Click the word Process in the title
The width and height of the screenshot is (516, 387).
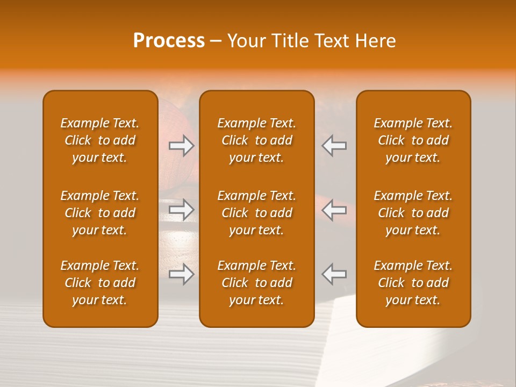[169, 41]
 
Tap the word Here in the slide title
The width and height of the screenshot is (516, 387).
[376, 41]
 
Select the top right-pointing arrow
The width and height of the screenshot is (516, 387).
[181, 146]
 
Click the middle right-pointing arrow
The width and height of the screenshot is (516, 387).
[181, 210]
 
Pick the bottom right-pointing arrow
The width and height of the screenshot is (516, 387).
[181, 274]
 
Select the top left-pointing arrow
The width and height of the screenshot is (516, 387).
[334, 146]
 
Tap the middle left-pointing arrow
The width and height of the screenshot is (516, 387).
[334, 210]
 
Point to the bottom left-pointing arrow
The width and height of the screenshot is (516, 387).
[334, 274]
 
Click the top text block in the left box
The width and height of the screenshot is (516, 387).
[100, 140]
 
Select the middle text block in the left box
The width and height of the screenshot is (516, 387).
[100, 213]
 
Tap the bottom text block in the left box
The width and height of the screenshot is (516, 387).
[100, 283]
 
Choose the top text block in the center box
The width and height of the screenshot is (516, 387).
[257, 140]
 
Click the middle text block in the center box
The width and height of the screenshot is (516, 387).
[257, 213]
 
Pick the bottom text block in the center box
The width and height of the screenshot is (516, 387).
[257, 283]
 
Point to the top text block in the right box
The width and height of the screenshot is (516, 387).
[413, 140]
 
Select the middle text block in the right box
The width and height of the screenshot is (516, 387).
[413, 213]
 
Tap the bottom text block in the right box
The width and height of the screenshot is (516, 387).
[413, 283]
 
